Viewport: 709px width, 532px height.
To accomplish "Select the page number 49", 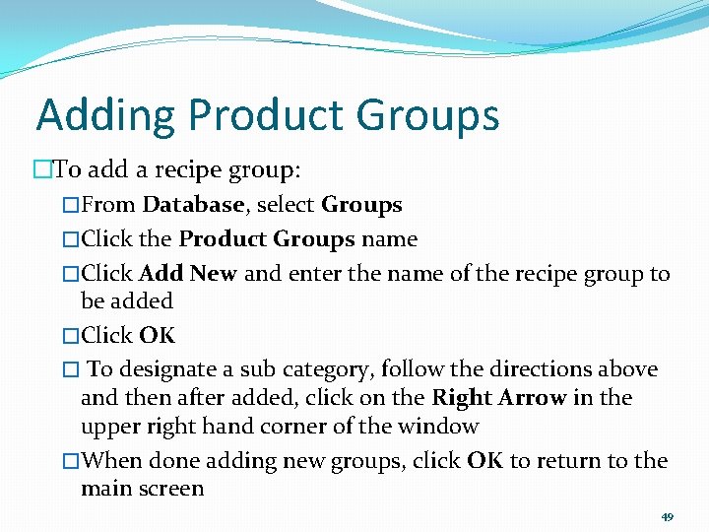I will click(667, 517).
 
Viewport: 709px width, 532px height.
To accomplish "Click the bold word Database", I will click(193, 205).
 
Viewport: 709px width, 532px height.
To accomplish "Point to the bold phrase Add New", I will click(188, 273).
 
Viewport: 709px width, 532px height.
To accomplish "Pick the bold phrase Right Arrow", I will click(498, 398).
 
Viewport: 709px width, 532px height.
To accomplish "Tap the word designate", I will click(166, 369).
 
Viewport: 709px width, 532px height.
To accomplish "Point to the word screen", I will click(169, 489).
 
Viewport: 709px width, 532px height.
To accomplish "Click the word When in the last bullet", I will click(108, 460).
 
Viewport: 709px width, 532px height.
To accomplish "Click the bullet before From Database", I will click(70, 205).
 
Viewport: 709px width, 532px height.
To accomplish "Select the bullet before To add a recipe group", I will click(42, 169).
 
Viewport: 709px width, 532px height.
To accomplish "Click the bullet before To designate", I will click(70, 369).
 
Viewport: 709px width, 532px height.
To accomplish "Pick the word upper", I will click(110, 427).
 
